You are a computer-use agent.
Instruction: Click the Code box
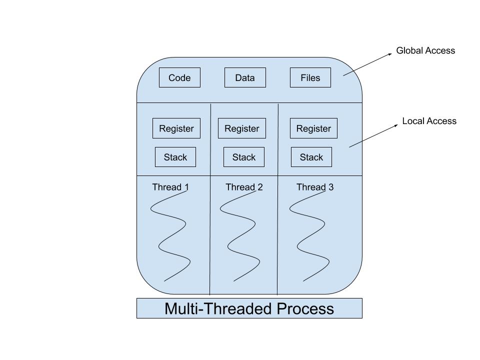[x=179, y=77]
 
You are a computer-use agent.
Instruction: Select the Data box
[x=245, y=77]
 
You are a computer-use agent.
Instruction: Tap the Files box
[x=310, y=77]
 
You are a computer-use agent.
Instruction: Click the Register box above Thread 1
[x=176, y=128]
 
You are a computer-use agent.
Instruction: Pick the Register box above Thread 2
[x=242, y=128]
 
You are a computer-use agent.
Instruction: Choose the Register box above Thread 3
[x=313, y=128]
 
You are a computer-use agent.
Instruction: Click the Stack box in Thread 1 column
[x=175, y=157]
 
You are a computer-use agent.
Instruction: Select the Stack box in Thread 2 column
[x=243, y=157]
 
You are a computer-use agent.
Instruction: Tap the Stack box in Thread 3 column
[x=311, y=157]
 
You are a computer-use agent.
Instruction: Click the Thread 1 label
[x=170, y=187]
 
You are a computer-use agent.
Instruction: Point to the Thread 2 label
[x=244, y=187]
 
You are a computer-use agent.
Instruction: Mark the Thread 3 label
[x=315, y=187]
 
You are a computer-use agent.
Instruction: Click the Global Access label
[x=425, y=50]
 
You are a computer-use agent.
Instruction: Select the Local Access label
[x=429, y=121]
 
